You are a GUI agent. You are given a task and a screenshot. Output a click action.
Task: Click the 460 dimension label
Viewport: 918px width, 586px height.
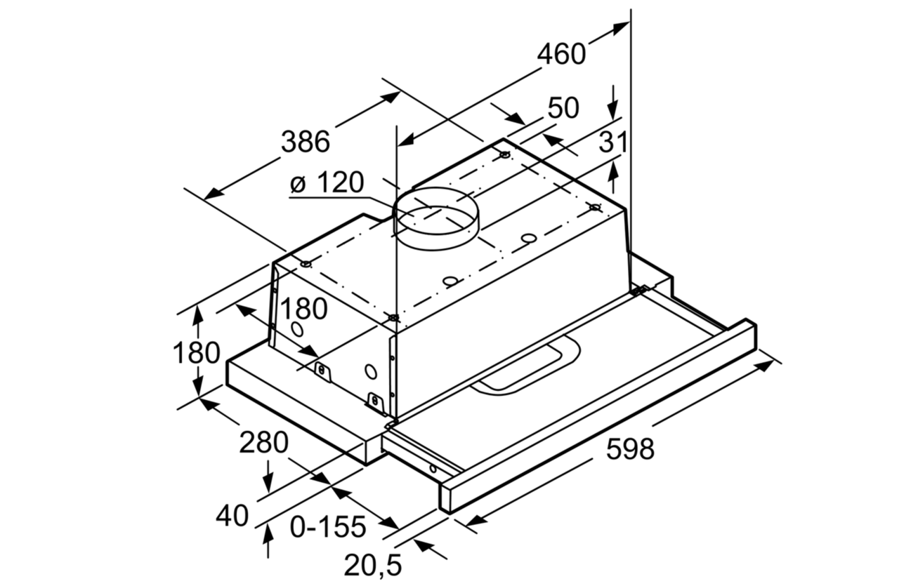pyautogui.click(x=561, y=53)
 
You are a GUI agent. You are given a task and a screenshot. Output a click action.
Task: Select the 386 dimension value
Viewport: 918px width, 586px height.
pyautogui.click(x=305, y=142)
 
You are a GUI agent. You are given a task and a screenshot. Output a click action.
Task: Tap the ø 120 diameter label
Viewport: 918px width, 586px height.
pyautogui.click(x=327, y=184)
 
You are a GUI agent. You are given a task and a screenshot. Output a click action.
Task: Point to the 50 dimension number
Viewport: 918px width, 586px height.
pyautogui.click(x=563, y=109)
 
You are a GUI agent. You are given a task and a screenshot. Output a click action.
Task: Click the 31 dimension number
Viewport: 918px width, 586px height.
pyautogui.click(x=612, y=143)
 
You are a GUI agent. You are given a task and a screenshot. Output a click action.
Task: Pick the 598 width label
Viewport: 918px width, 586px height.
pyautogui.click(x=630, y=449)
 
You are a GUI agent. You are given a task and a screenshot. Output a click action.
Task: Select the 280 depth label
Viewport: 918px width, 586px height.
pyautogui.click(x=263, y=443)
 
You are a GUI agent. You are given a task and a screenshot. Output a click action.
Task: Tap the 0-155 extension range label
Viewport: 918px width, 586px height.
pyautogui.click(x=328, y=526)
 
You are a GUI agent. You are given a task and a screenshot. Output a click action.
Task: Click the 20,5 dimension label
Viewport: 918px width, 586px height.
pyautogui.click(x=372, y=564)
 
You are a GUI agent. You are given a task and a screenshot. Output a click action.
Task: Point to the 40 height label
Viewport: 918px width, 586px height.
pyautogui.click(x=232, y=517)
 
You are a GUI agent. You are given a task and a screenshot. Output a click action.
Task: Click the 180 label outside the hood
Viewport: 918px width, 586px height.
pyautogui.click(x=197, y=353)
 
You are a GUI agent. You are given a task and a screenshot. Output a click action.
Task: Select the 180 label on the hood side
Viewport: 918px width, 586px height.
pyautogui.click(x=304, y=309)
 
